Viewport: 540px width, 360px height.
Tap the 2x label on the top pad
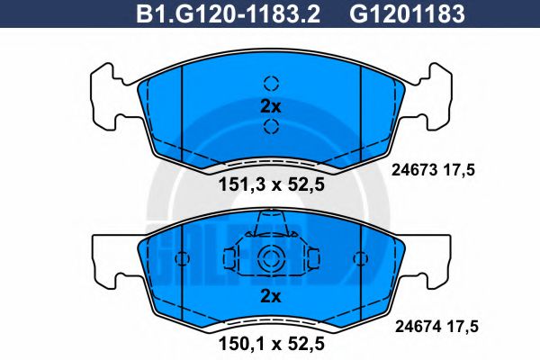click(x=270, y=106)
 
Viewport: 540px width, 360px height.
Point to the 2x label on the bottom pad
click(x=270, y=296)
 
